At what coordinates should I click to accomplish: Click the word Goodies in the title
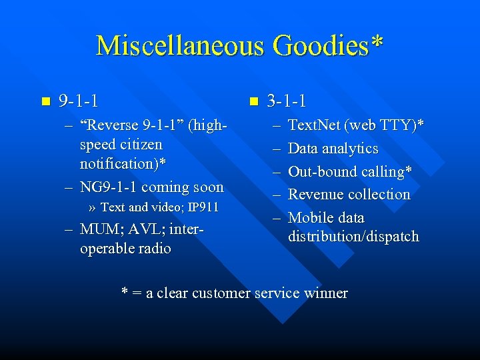tap(312, 45)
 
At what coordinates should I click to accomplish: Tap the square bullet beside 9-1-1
tap(45, 102)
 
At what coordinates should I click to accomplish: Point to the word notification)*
tap(123, 163)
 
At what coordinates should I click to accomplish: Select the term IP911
tap(203, 207)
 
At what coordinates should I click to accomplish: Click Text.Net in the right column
tap(313, 125)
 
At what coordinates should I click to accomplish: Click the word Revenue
tap(318, 195)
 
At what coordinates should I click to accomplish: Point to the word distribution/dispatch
tap(353, 236)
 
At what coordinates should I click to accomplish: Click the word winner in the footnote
tap(325, 293)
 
